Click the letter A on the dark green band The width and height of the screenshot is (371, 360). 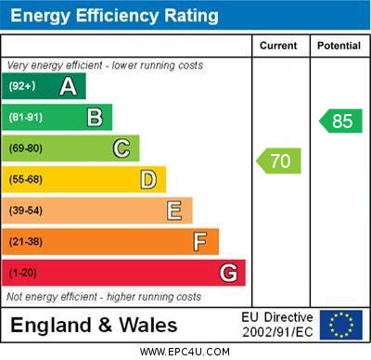click(x=68, y=86)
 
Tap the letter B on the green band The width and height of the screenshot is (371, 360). click(x=95, y=118)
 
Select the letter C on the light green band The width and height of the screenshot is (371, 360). click(x=122, y=148)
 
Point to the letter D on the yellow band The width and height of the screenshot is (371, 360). click(x=148, y=180)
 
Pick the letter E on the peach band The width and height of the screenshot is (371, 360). click(x=174, y=211)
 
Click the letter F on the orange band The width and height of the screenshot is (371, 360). click(x=200, y=242)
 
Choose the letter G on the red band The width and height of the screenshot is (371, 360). click(x=228, y=273)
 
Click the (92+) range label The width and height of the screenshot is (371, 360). click(x=22, y=86)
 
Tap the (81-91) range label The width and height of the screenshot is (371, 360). click(x=26, y=117)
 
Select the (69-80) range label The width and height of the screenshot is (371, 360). click(x=26, y=148)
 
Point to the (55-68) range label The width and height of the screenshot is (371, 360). click(x=26, y=179)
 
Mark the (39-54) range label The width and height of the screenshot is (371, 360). click(x=26, y=211)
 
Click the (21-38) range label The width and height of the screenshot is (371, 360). click(x=26, y=241)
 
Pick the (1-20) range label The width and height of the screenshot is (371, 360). click(x=23, y=273)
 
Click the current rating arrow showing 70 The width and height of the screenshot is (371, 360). click(x=278, y=161)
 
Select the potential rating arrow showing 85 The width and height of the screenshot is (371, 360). click(x=340, y=121)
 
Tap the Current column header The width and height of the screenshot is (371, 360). click(x=278, y=45)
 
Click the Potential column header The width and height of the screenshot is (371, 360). click(x=339, y=45)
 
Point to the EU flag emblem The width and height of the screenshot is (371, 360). click(x=341, y=325)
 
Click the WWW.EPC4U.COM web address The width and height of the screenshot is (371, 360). click(x=185, y=352)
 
